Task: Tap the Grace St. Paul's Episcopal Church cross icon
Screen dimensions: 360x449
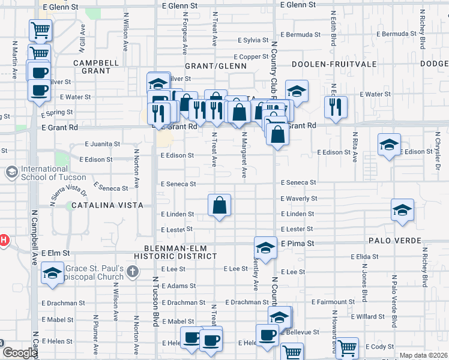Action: click(133, 272)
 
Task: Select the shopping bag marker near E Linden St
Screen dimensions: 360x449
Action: click(220, 206)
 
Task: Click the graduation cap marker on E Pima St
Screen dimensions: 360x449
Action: click(265, 247)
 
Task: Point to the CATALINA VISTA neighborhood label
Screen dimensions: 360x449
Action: click(107, 205)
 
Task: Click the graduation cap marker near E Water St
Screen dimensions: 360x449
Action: click(297, 91)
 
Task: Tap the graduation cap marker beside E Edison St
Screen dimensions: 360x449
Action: click(389, 145)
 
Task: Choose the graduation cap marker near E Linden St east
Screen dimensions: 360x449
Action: click(402, 211)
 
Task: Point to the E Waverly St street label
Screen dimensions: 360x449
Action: click(298, 199)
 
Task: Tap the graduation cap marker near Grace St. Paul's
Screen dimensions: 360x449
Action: click(52, 273)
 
